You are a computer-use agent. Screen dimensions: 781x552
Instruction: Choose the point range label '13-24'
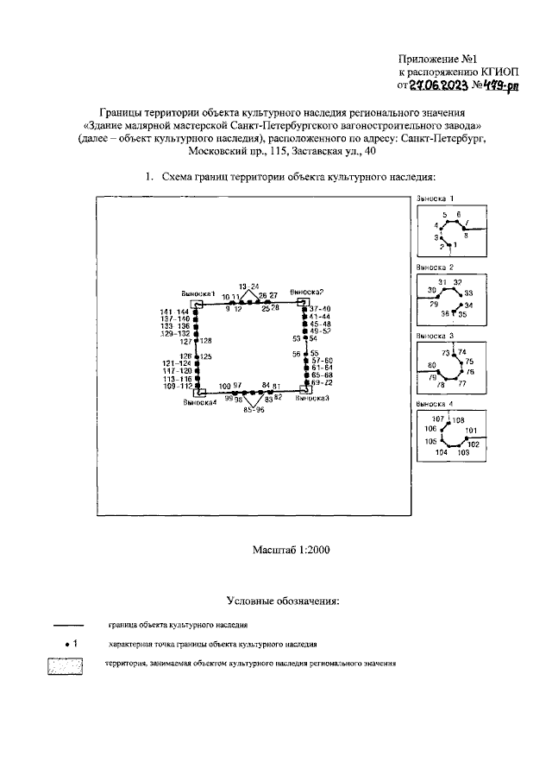249,286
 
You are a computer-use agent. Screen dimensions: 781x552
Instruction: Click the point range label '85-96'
255,409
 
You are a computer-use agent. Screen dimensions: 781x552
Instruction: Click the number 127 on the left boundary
184,342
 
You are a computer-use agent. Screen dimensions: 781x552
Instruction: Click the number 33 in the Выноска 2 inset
468,294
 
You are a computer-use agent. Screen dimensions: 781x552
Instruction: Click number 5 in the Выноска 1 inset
445,213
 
